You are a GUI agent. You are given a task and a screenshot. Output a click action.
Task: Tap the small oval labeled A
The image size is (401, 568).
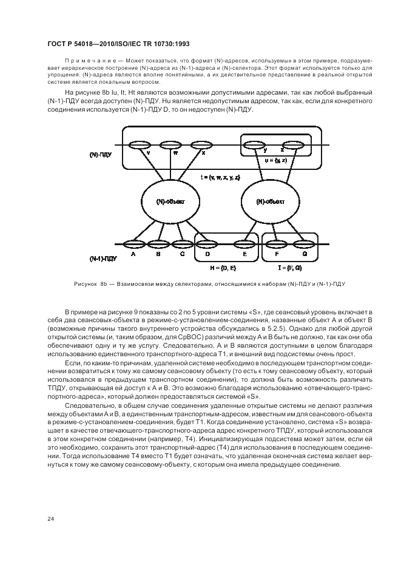click(x=132, y=245)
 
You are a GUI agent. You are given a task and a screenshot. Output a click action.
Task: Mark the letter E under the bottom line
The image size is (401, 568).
click(x=244, y=254)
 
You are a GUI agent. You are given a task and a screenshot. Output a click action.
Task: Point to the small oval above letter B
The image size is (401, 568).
click(x=158, y=245)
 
